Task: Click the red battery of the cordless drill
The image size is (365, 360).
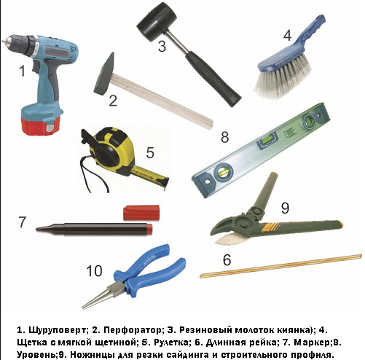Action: coord(40,125)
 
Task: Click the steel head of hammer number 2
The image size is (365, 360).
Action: coord(104,74)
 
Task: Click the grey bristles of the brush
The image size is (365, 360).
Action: coord(283,77)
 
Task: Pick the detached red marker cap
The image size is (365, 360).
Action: coord(141,213)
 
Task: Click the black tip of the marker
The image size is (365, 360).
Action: coord(39,229)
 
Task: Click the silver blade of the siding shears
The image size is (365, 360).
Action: coord(225,239)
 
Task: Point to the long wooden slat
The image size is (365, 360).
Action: coord(280,266)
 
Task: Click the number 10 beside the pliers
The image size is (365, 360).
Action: coord(94,271)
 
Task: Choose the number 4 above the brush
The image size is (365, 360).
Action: coord(287,36)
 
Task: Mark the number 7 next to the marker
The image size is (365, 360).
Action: coord(22,222)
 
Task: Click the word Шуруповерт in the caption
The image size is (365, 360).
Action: coord(57,330)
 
